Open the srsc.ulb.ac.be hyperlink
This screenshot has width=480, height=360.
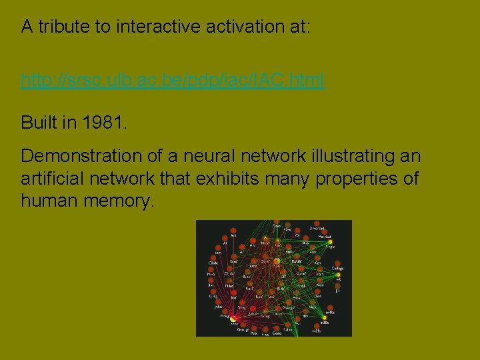tap(173, 81)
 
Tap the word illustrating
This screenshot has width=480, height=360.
tap(352, 156)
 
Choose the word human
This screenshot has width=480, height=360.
tap(50, 200)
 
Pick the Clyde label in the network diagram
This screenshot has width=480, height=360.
tap(213, 263)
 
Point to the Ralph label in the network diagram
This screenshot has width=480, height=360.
tap(287, 329)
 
